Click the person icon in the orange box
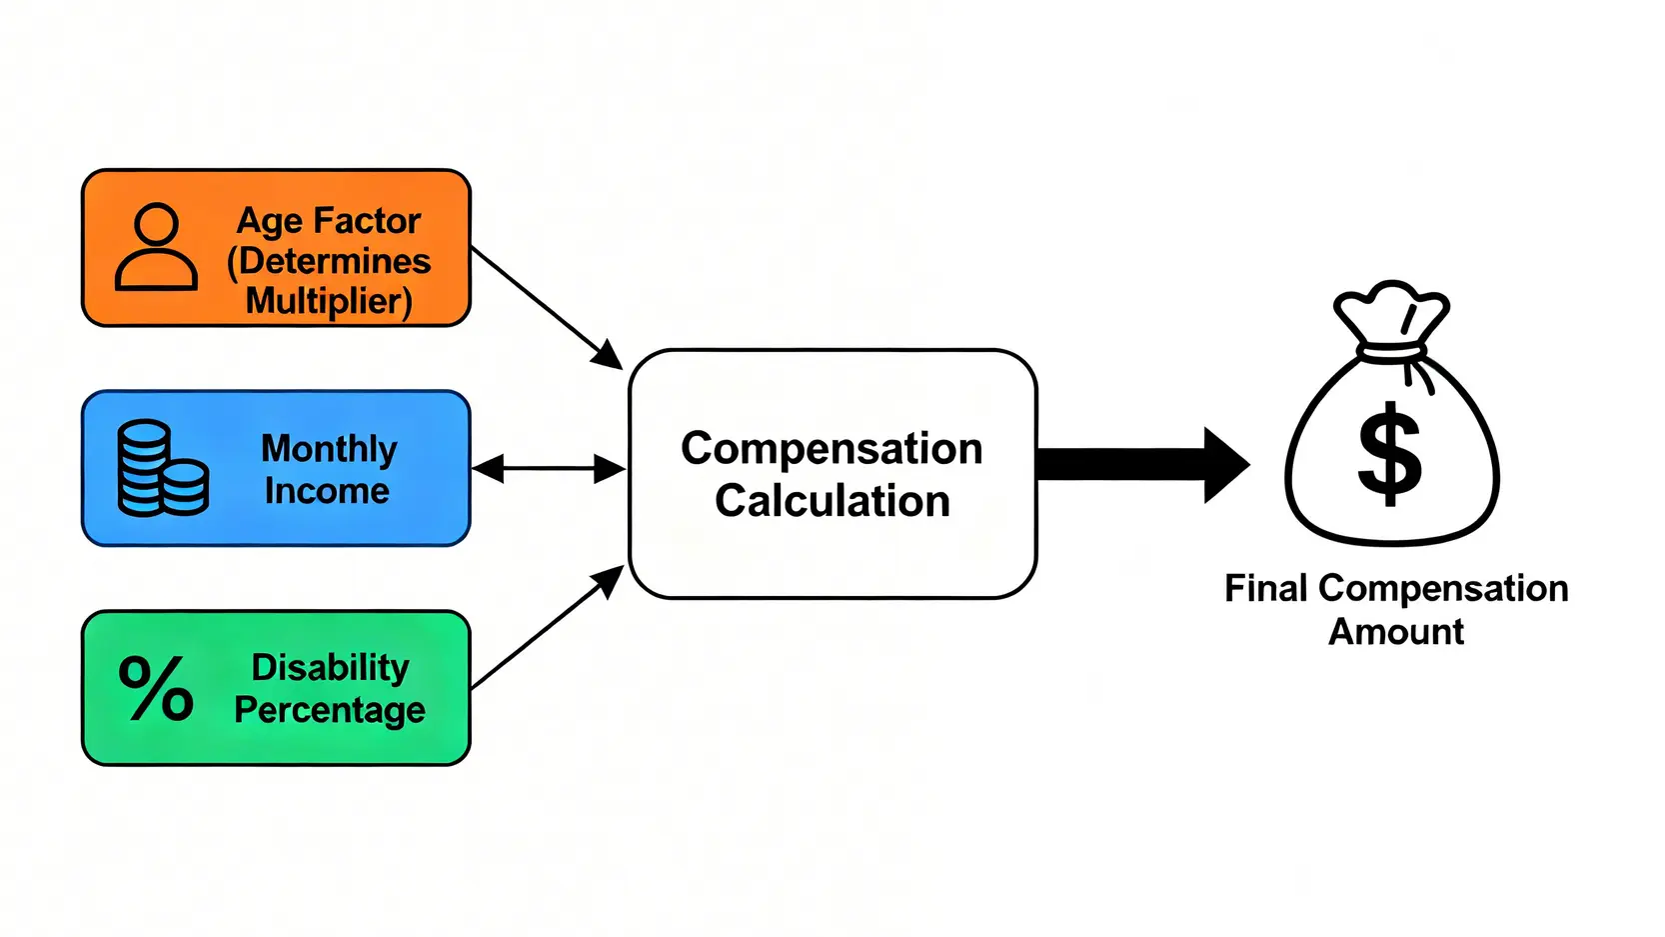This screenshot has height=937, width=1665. (156, 247)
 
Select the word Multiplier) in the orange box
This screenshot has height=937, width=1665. (329, 300)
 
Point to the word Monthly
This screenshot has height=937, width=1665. (329, 448)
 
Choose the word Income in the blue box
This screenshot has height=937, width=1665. (327, 491)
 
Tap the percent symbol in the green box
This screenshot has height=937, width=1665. (156, 688)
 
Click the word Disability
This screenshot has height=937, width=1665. (330, 667)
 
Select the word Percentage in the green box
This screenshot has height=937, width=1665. (330, 710)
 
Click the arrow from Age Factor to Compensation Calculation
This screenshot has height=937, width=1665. (547, 308)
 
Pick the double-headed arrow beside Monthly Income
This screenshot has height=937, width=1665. (548, 468)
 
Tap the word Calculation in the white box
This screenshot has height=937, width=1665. (832, 501)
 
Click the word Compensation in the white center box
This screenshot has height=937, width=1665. (832, 449)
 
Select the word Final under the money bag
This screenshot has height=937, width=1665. (1266, 588)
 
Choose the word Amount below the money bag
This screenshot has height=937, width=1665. (1396, 632)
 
